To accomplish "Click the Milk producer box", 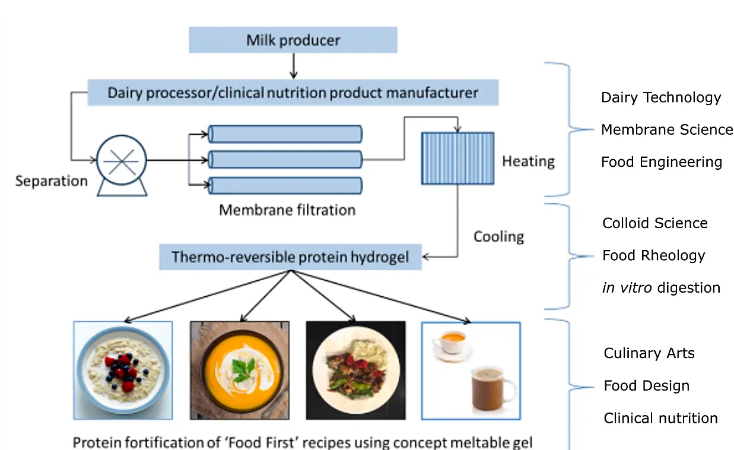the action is [293, 40].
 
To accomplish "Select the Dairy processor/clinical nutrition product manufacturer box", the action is [293, 93].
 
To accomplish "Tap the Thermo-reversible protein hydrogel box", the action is [290, 257].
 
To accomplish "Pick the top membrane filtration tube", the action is [285, 134].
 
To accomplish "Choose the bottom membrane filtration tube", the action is [285, 185].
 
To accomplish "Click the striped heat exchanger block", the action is [457, 159].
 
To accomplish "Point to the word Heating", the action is [528, 161].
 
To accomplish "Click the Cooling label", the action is [498, 237].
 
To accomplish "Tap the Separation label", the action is [52, 181].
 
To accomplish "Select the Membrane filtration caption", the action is [287, 210].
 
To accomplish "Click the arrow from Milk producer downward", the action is [294, 66].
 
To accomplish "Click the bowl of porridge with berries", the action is [123, 370].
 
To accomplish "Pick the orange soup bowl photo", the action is [240, 370].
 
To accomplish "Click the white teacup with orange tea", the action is [453, 346].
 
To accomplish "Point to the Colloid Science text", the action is [655, 223].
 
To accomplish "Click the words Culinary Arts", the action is [649, 353].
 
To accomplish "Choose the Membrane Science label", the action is [667, 129].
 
